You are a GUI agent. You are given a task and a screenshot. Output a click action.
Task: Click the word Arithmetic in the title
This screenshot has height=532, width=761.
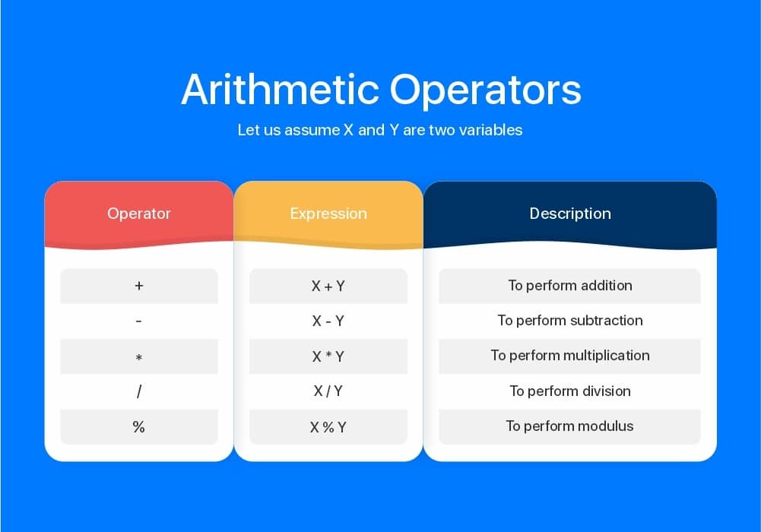coord(280,89)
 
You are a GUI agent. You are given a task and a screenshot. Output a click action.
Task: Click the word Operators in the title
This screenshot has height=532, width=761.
coord(485,90)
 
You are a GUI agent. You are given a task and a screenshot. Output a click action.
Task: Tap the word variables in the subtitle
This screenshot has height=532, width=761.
coord(490,130)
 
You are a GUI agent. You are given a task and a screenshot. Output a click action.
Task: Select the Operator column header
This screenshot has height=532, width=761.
coord(139,214)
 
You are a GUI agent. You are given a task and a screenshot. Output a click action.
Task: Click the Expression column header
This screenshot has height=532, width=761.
coord(328,214)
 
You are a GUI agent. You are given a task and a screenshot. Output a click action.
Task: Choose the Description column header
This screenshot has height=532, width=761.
coord(570,214)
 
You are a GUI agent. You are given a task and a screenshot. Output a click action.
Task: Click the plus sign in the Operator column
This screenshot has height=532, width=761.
coord(139,286)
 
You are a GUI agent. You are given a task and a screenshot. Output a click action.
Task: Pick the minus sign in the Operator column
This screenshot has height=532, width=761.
coord(139,321)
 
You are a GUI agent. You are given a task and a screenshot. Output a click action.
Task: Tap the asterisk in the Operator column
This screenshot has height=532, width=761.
coord(139,357)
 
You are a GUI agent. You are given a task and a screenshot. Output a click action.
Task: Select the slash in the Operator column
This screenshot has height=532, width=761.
coord(139,391)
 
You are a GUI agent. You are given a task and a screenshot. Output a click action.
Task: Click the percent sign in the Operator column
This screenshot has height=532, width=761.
coord(139,427)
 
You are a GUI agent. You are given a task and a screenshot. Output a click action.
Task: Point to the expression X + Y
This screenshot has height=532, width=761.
coord(328,286)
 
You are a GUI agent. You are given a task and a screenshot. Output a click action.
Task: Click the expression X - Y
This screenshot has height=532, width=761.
coord(328,321)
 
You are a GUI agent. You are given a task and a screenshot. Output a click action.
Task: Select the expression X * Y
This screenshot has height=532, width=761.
coord(328,357)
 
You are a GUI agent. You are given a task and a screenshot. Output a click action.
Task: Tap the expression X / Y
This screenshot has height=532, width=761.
coord(328,391)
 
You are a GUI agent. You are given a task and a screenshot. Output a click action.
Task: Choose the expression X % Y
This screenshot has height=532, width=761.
coord(328,427)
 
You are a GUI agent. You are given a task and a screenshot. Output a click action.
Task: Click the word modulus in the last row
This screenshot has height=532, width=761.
coord(605,426)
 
